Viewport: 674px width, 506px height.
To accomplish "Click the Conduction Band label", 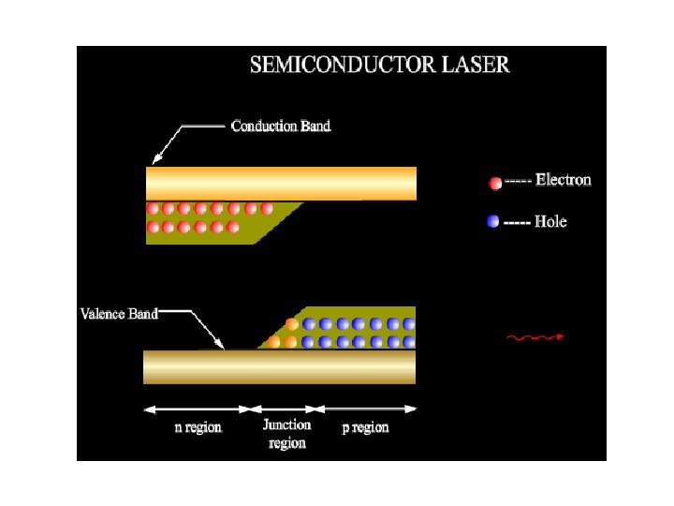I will (281, 126).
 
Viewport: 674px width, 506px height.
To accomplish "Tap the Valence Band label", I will (119, 314).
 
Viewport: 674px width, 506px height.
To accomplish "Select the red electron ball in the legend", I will (495, 182).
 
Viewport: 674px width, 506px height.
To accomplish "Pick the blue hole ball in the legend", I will (494, 222).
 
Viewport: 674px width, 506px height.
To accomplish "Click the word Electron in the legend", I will (563, 180).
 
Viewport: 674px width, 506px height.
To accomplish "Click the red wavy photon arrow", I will (535, 336).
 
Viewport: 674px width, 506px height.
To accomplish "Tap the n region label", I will (198, 427).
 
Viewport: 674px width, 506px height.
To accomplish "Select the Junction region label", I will (286, 434).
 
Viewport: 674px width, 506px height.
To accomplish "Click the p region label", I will (365, 427).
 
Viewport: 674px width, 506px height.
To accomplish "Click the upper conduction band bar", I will (281, 184).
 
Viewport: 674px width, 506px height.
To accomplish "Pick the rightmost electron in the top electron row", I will (267, 209).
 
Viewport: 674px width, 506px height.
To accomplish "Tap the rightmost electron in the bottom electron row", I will (233, 228).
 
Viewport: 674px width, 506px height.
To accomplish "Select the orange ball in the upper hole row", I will (291, 324).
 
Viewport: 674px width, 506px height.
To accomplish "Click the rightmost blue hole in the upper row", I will (408, 324).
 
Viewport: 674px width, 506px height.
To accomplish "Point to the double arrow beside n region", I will (199, 409).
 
